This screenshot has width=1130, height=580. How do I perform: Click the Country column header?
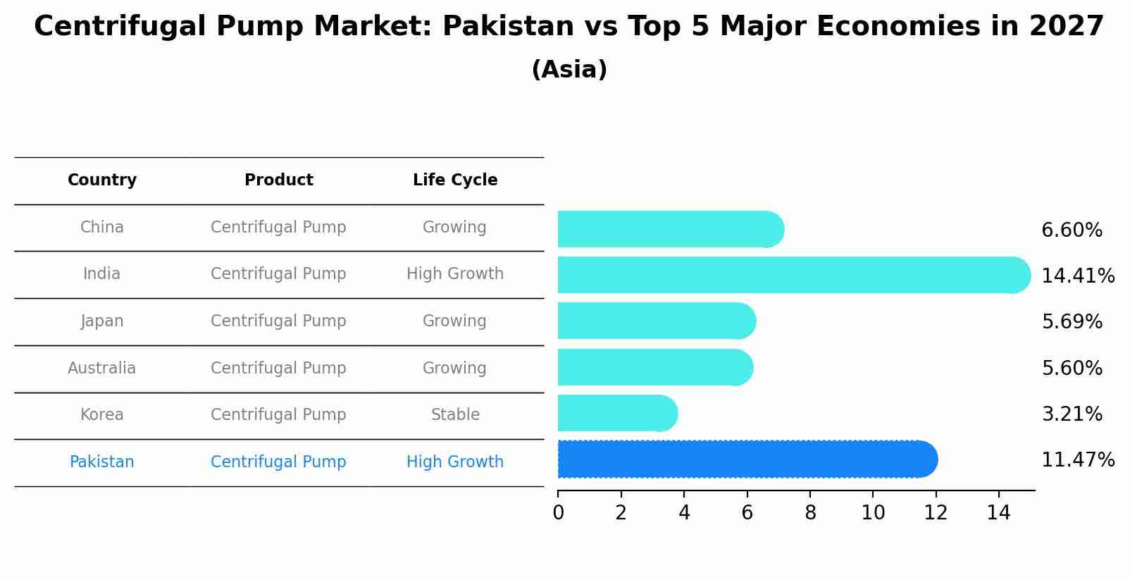[102, 180]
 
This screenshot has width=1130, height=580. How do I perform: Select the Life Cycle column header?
[455, 180]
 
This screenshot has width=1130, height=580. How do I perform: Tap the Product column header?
[279, 180]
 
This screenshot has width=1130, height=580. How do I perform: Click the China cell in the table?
[102, 228]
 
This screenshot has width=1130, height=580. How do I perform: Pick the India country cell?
[102, 274]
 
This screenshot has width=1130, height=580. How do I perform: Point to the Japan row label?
[102, 321]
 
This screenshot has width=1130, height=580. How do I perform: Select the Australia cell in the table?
[102, 369]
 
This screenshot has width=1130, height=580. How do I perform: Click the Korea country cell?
[102, 415]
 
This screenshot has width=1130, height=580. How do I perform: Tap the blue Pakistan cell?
[102, 462]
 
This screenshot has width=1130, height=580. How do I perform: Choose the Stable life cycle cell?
[455, 415]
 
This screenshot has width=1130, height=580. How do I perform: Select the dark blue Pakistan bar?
[747, 459]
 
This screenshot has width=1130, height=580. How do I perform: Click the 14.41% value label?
[1078, 276]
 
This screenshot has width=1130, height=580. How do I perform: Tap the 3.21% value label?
[1072, 414]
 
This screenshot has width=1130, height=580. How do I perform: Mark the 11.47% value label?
[1078, 460]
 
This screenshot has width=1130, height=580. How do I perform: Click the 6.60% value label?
[1072, 230]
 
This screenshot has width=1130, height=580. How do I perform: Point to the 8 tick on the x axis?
[810, 513]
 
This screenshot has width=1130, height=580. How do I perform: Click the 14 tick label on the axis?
[999, 513]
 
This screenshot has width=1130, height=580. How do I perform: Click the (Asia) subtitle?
[569, 70]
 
